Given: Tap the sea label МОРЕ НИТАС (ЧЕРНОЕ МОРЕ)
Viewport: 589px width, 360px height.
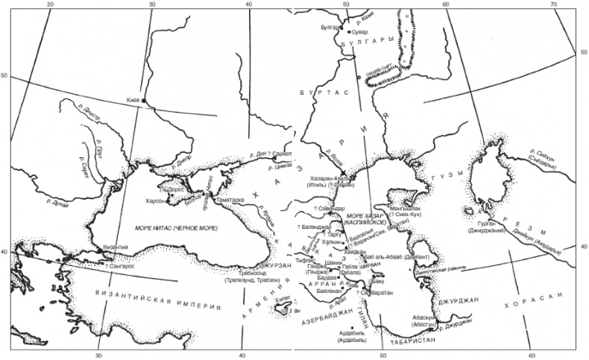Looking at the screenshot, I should tap(176, 226).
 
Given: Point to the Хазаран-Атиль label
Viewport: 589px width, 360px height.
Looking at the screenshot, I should tap(328, 179).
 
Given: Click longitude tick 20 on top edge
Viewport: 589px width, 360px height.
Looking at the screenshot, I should tap(51, 5).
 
